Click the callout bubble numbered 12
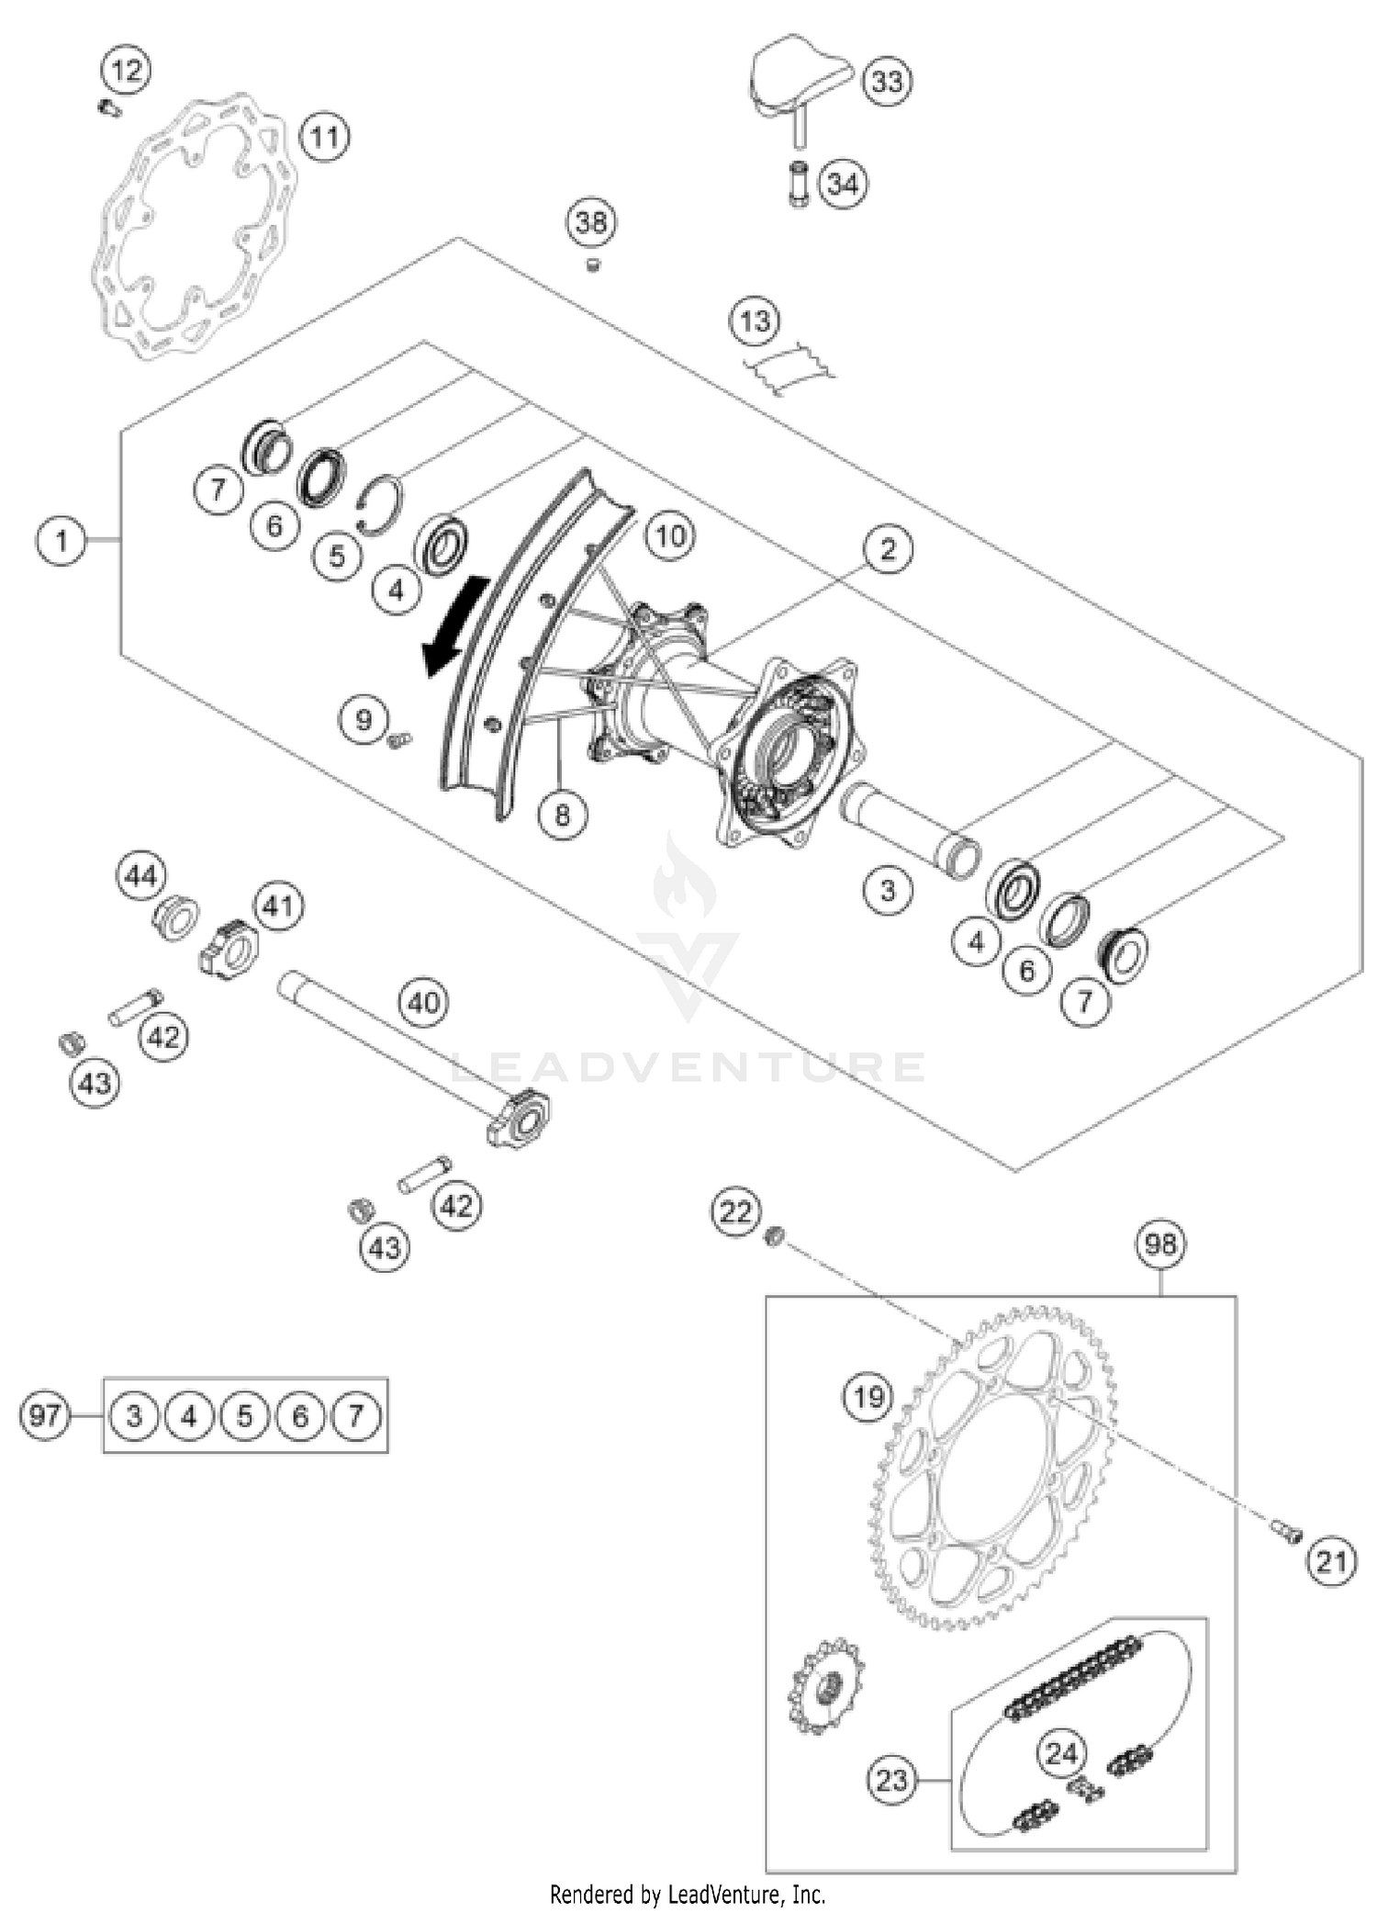pos(127,70)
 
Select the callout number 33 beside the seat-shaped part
pos(886,82)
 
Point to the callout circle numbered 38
pos(591,222)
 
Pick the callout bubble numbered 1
pos(62,540)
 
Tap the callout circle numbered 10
pos(670,535)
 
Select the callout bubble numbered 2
pos(887,549)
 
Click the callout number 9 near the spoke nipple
pos(364,719)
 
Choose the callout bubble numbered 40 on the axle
pos(423,1002)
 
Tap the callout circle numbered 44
pos(140,876)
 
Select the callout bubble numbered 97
pos(45,1415)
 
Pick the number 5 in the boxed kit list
pos(244,1415)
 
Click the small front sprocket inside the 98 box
pos(824,1686)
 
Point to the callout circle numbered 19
pos(868,1397)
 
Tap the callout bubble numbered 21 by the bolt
pos(1330,1560)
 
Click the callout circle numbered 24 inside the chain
pos(1061,1752)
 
